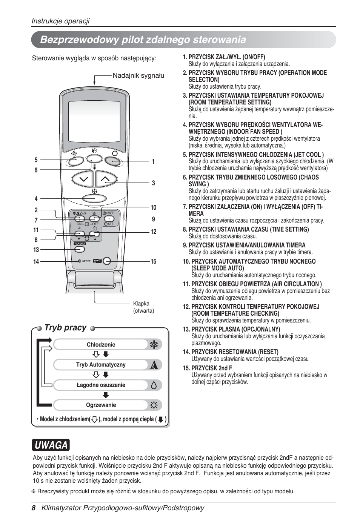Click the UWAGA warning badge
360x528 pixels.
click(51, 445)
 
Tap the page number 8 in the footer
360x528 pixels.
click(34, 508)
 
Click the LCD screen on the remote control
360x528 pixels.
click(94, 121)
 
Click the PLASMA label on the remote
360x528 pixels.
click(80, 244)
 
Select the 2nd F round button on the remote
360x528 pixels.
click(107, 261)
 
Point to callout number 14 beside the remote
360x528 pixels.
click(36, 261)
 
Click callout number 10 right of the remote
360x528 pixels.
click(153, 207)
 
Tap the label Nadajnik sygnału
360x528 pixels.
click(138, 75)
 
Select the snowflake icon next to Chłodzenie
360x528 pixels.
click(154, 344)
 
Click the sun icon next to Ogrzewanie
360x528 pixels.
click(154, 405)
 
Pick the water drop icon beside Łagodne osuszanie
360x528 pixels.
click(154, 385)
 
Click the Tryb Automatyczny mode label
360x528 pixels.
click(101, 365)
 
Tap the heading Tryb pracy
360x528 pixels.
click(65, 328)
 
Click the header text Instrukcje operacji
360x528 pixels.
click(60, 21)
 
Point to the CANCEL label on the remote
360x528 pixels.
click(110, 213)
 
